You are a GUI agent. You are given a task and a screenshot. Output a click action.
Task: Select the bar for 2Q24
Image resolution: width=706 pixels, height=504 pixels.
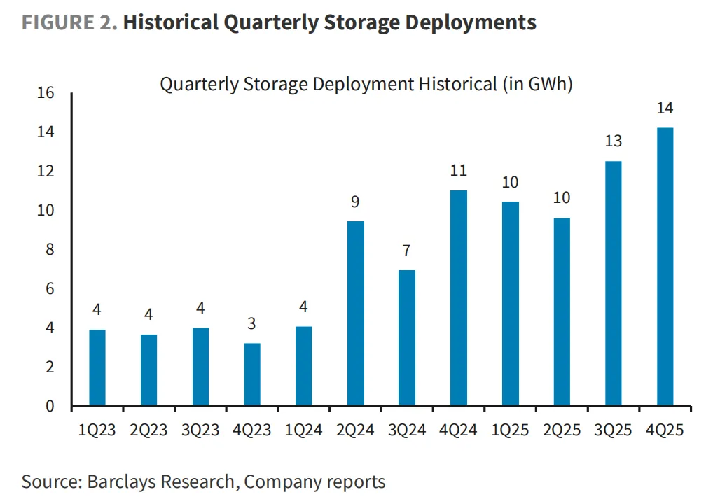(x=356, y=314)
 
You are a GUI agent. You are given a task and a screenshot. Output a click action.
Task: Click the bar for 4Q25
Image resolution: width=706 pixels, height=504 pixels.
(x=665, y=267)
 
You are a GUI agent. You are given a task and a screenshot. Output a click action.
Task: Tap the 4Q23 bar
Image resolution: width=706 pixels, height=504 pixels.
(x=252, y=374)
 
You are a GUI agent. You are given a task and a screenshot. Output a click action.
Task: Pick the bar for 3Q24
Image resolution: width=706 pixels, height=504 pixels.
(x=407, y=338)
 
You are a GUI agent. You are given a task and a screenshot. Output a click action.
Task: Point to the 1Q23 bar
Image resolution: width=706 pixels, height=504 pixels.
(x=97, y=367)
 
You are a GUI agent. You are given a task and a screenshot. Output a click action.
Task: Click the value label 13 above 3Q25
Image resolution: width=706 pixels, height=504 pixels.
(x=613, y=141)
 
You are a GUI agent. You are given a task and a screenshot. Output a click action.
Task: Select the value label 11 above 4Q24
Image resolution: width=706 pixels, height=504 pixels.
(x=459, y=171)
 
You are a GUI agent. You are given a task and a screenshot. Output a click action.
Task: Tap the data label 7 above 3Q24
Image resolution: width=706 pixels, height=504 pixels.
(x=407, y=251)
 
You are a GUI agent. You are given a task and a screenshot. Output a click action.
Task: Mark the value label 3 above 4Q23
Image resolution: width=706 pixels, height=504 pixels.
(x=252, y=324)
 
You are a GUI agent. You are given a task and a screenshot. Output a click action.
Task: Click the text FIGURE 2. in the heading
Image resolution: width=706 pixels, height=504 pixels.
(x=69, y=22)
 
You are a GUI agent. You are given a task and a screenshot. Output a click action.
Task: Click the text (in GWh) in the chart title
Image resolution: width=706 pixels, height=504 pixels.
(x=538, y=85)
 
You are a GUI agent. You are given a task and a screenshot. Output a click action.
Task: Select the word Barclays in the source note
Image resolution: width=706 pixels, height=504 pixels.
(x=118, y=482)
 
